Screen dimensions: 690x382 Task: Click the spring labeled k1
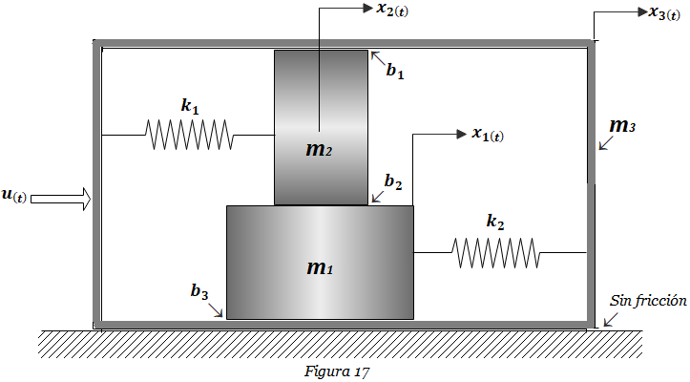189,135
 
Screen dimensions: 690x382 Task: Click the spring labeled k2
495,253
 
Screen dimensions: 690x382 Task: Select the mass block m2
321,127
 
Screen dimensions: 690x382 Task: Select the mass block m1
320,263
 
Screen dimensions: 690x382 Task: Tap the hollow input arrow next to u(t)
61,200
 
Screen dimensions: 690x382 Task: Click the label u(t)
14,195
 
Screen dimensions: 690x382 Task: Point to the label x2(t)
392,10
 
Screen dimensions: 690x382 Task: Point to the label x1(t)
488,134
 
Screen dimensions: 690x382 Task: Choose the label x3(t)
664,12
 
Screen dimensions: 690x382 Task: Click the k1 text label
190,106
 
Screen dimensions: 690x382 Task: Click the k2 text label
495,222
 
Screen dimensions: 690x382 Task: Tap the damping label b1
395,71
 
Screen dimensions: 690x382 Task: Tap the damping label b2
393,181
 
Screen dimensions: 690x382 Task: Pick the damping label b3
199,291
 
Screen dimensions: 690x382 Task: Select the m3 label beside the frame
622,126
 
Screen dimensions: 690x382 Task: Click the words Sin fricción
648,301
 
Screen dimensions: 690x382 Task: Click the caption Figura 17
337,371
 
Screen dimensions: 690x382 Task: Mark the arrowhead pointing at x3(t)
643,11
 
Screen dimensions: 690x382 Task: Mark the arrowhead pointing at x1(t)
462,134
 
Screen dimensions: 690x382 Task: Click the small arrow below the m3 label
605,143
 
